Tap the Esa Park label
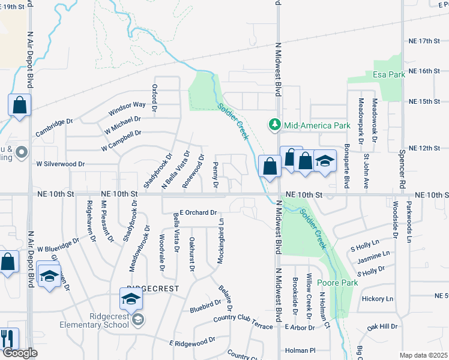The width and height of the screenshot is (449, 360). (389, 74)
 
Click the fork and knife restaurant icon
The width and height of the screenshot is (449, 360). (8, 339)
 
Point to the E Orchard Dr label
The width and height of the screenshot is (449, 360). (197, 212)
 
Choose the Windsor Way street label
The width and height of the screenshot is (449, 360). (127, 109)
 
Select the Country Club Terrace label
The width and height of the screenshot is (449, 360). (243, 319)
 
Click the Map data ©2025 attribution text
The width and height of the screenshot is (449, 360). (423, 355)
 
